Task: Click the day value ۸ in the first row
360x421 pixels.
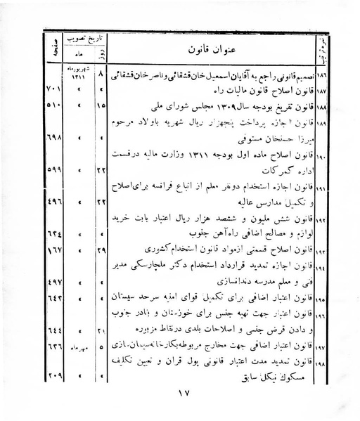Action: [103, 72]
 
